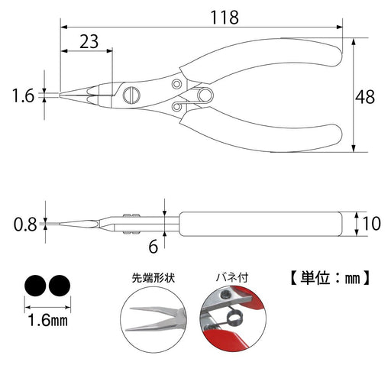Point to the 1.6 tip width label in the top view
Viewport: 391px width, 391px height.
point(24,95)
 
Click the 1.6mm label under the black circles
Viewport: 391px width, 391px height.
point(48,322)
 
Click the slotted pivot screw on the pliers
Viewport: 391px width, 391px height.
point(128,96)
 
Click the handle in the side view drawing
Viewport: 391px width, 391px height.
point(260,224)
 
